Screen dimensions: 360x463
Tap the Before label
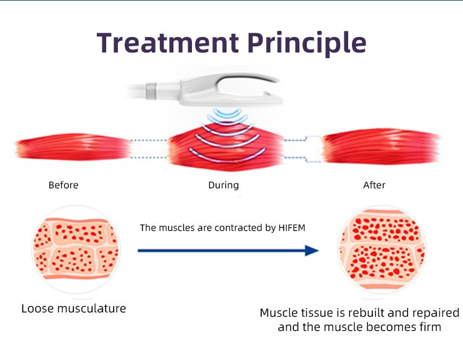pos(64,185)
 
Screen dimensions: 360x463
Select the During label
pos(223,185)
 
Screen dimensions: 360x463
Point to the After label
pos(374,185)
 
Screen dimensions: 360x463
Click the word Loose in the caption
pos(38,308)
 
